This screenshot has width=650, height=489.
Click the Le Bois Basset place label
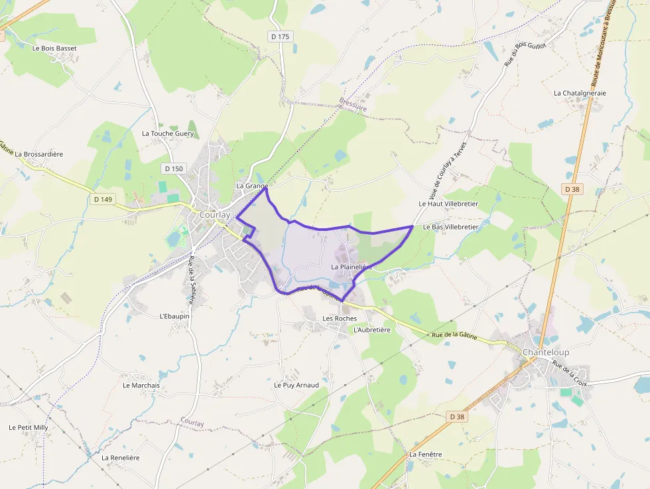click(54, 48)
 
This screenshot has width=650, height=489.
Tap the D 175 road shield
click(281, 36)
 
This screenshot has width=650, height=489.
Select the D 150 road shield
click(174, 169)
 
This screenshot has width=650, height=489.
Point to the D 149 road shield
click(103, 198)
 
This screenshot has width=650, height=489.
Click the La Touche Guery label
click(168, 133)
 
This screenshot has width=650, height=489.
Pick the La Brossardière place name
click(39, 154)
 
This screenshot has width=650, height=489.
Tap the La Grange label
click(252, 186)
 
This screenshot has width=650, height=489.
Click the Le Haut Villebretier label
click(448, 204)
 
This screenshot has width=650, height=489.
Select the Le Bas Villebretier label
click(450, 227)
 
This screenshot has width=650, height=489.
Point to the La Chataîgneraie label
click(580, 93)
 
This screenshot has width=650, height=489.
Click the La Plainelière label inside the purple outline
click(352, 267)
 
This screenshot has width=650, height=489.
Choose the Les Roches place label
click(340, 318)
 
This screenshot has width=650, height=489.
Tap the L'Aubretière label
click(372, 329)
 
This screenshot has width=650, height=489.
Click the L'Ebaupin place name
click(174, 316)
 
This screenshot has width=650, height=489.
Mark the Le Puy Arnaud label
click(296, 385)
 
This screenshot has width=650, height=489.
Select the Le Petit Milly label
click(29, 427)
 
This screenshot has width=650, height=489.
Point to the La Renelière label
click(121, 458)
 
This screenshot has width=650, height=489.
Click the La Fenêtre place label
click(425, 454)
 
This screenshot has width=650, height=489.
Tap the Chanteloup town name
click(546, 352)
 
